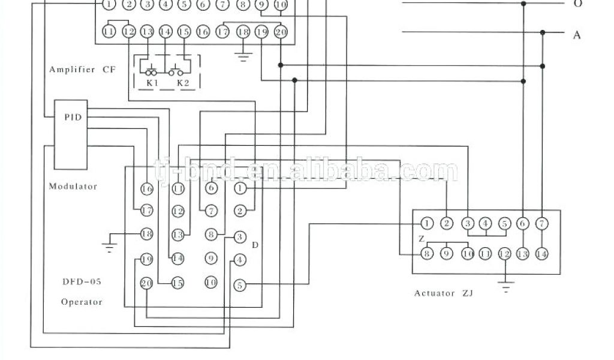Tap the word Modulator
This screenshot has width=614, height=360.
pyautogui.click(x=73, y=186)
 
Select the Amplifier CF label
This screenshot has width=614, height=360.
pyautogui.click(x=81, y=70)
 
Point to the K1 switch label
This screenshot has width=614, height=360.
pyautogui.click(x=152, y=83)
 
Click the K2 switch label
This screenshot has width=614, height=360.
pyautogui.click(x=183, y=83)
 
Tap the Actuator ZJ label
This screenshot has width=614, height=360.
pyautogui.click(x=444, y=293)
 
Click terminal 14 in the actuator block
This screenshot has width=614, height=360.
pyautogui.click(x=541, y=254)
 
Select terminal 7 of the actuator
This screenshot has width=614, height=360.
pyautogui.click(x=541, y=224)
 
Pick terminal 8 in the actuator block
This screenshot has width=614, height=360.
pyautogui.click(x=427, y=254)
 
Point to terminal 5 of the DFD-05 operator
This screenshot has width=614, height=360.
pyautogui.click(x=239, y=286)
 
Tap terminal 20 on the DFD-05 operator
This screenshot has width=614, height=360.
pyautogui.click(x=146, y=283)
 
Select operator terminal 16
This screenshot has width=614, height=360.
pyautogui.click(x=146, y=188)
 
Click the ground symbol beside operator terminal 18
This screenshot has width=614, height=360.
pyautogui.click(x=109, y=243)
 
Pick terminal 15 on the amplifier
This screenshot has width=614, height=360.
pyautogui.click(x=185, y=32)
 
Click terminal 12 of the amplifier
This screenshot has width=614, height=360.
pyautogui.click(x=128, y=32)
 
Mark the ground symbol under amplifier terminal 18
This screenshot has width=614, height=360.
pyautogui.click(x=243, y=58)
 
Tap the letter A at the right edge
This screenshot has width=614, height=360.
pyautogui.click(x=577, y=35)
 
